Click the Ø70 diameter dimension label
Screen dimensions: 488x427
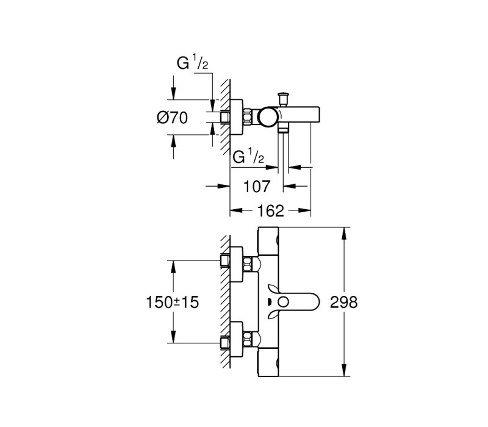172,118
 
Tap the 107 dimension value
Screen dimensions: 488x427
256,187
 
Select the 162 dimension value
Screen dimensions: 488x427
271,211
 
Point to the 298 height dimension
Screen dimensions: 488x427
344,302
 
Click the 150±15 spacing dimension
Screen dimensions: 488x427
172,302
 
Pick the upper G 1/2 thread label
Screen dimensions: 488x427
192,62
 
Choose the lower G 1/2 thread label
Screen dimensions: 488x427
248,156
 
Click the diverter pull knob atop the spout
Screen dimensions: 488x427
283,99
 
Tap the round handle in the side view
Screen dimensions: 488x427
268,117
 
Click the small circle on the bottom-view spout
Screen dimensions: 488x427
284,302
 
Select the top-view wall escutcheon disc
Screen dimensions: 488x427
236,118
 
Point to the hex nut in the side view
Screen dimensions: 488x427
248,117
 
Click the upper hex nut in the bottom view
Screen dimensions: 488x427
248,264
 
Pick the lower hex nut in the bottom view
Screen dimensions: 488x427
248,339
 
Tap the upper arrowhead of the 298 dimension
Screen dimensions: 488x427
344,233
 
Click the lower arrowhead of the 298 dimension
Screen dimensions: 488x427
344,370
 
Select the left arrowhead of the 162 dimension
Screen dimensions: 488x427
236,210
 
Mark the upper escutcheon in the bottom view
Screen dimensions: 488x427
236,264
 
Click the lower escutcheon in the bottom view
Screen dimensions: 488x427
236,339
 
